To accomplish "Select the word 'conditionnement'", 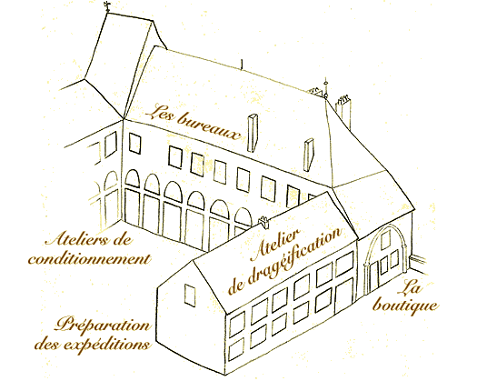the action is [x=89, y=259].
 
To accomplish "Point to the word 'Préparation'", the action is [x=103, y=325].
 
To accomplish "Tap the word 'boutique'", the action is [x=405, y=305].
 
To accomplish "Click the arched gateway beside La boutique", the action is [x=386, y=259].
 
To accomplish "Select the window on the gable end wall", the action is [x=190, y=296].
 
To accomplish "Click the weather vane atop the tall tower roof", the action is [x=107, y=6].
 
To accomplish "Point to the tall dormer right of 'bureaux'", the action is [x=253, y=133].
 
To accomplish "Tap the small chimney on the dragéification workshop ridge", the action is [x=264, y=222].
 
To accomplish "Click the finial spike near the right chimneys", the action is [x=325, y=87].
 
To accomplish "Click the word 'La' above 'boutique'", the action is [x=410, y=287].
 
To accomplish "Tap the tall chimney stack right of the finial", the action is [x=343, y=112].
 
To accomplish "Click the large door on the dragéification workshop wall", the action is [x=344, y=296].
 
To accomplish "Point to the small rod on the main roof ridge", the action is [x=242, y=65].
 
